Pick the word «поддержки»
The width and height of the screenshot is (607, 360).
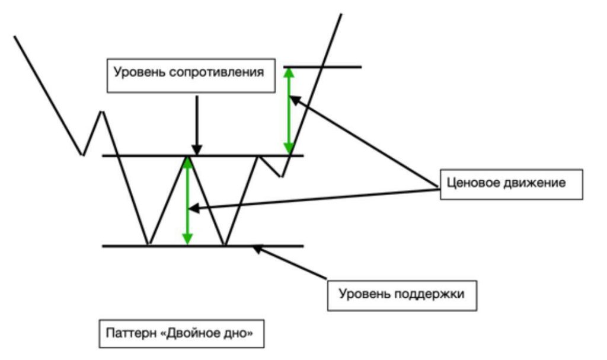429,294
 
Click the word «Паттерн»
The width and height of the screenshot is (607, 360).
131,333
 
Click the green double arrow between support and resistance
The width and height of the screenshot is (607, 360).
187,200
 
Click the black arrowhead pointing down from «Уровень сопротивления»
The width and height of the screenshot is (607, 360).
197,150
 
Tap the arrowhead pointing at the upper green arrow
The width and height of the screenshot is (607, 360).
295,100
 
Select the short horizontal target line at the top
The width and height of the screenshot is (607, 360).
322,67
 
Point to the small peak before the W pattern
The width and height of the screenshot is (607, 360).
102,112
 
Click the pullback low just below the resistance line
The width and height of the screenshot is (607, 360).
282,176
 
